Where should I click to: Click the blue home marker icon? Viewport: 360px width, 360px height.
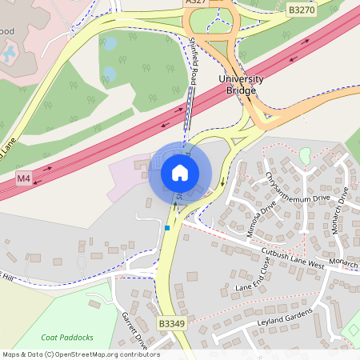[x=180, y=172]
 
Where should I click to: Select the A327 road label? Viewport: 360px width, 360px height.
[x=195, y=3]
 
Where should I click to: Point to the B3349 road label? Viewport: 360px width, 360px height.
[x=171, y=323]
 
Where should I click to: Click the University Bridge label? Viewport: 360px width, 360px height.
[x=237, y=84]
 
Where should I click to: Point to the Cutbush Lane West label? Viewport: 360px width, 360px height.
[x=293, y=258]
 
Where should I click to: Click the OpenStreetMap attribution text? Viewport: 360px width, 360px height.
[x=80, y=354]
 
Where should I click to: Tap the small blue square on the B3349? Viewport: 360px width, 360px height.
[x=167, y=228]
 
